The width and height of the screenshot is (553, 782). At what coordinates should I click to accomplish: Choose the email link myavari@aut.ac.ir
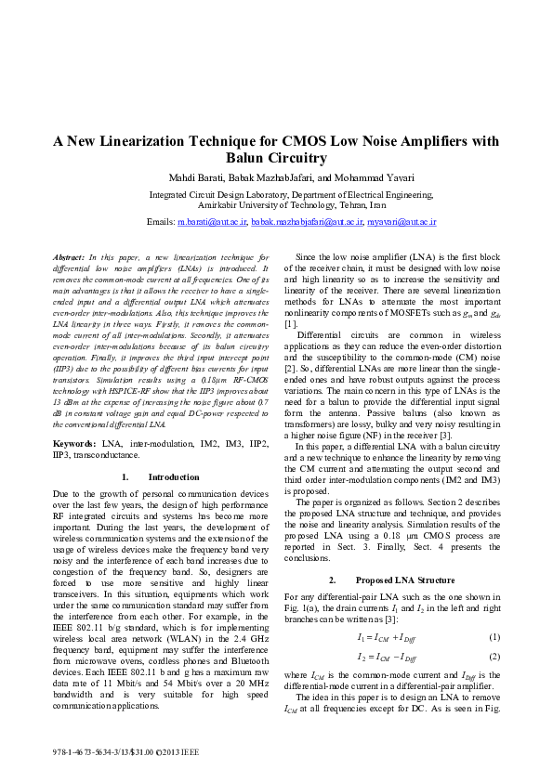402,223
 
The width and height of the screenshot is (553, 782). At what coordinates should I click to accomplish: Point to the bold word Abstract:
68,255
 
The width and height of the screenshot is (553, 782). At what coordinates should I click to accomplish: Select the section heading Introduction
174,477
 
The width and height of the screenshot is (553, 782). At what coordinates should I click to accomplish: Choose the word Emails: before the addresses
161,223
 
